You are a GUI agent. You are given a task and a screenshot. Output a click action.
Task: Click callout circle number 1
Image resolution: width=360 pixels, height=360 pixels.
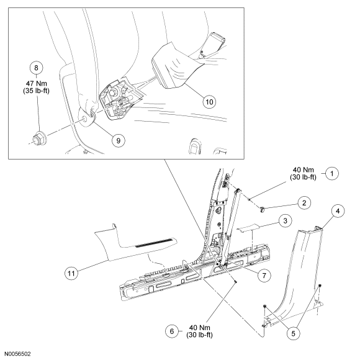[332, 173]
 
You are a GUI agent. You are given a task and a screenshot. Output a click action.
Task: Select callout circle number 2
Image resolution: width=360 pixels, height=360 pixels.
[304, 203]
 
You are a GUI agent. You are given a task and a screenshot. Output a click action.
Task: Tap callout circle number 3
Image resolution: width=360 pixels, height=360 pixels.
[286, 221]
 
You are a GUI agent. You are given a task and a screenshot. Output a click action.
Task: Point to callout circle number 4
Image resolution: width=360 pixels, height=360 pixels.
[338, 211]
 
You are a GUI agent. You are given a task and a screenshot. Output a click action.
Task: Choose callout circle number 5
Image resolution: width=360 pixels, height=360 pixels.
[294, 333]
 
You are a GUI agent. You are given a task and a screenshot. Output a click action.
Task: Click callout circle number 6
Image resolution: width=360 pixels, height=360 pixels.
[172, 331]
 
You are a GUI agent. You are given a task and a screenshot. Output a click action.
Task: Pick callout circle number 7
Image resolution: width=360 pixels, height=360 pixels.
[264, 276]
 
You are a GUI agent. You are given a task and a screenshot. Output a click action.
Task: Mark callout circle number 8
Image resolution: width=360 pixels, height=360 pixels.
[36, 68]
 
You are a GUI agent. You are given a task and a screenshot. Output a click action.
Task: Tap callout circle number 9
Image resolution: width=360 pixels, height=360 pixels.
[119, 140]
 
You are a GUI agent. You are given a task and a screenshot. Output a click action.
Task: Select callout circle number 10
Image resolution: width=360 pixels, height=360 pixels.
[209, 102]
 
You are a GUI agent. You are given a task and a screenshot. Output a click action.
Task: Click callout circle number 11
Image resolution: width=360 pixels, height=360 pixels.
[71, 274]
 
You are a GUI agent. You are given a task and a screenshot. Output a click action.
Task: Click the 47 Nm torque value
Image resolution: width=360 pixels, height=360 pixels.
[36, 83]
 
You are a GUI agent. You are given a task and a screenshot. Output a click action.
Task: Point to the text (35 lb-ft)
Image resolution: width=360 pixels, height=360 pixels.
[36, 91]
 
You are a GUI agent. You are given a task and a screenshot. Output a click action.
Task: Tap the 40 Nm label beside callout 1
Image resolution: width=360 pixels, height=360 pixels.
[303, 170]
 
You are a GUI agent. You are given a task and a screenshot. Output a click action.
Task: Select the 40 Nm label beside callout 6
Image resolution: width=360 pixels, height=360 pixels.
[199, 328]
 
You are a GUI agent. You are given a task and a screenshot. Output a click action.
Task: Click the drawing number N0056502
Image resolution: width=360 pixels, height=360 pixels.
[17, 354]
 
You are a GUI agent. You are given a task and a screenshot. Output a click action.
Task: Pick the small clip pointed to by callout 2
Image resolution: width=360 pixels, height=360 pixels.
[262, 209]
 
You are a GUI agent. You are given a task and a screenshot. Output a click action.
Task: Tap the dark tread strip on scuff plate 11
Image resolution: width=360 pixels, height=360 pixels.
[154, 243]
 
